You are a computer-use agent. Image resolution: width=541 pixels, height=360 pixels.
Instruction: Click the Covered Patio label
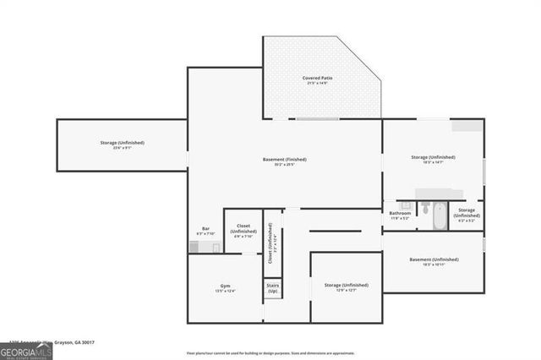[318, 78]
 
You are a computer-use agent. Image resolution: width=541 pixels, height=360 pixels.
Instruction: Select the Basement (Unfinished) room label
[433, 259]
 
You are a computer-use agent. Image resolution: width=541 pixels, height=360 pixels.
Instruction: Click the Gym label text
[225, 286]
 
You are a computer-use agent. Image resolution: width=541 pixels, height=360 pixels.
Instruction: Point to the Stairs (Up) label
[273, 289]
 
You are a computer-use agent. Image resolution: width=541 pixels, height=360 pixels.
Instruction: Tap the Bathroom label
[400, 213]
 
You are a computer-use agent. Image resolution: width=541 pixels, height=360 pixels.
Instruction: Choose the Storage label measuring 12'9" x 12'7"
[346, 286]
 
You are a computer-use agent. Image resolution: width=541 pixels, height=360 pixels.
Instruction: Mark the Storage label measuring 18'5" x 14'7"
[433, 156]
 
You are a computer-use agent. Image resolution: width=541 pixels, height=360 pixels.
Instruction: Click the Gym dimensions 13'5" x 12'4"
[225, 291]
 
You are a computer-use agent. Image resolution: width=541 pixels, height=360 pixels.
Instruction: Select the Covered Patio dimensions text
[318, 83]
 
